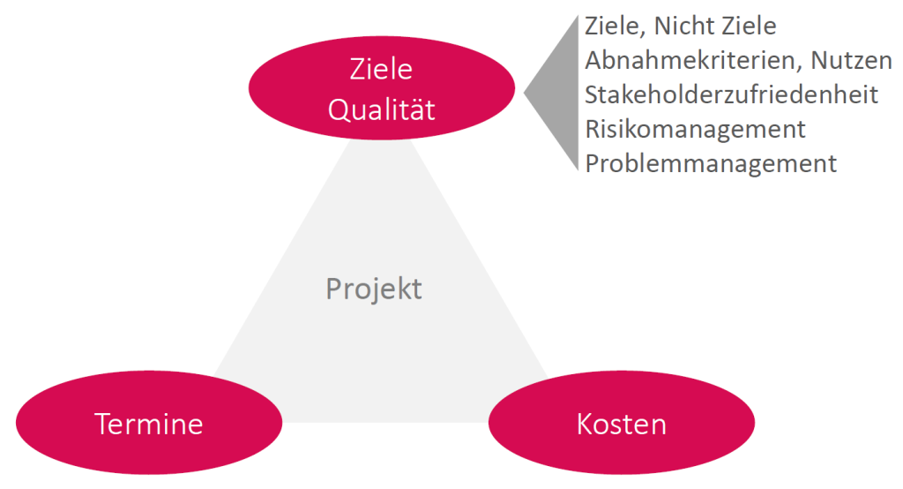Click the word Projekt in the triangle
(x=374, y=289)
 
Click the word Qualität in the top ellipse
(x=381, y=109)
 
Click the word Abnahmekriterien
(x=687, y=60)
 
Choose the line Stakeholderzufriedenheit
(x=731, y=94)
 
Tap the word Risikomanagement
(x=695, y=129)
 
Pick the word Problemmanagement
(x=711, y=163)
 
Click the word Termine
(x=149, y=425)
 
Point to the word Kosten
(x=621, y=425)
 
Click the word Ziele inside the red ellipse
(x=381, y=69)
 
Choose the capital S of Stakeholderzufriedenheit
(x=592, y=94)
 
